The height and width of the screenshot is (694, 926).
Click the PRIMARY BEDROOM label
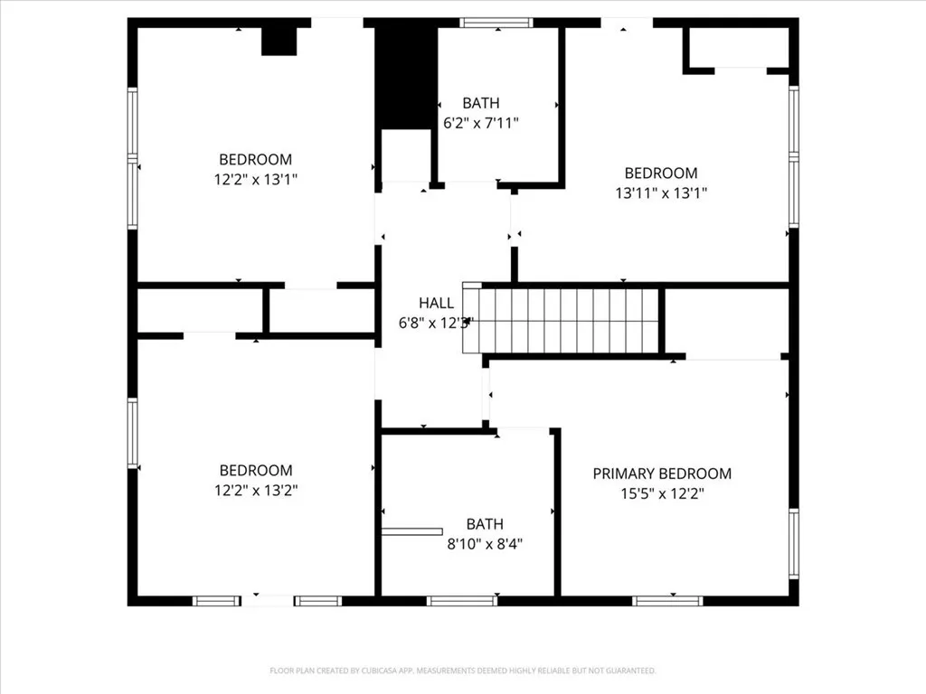tap(662, 474)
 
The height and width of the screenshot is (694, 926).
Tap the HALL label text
tap(436, 303)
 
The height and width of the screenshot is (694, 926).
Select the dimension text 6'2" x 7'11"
tap(480, 123)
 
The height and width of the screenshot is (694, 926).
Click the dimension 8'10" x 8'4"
tap(484, 544)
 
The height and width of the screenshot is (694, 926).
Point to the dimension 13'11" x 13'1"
tap(661, 192)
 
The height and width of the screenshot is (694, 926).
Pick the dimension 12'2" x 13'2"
tap(256, 490)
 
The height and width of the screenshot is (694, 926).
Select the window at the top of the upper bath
tap(496, 23)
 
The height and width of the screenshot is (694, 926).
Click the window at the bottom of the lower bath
tap(462, 600)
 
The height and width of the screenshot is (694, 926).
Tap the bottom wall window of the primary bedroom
tap(668, 600)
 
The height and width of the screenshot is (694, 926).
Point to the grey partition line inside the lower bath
tap(411, 531)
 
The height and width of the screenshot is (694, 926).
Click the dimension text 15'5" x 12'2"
tap(661, 493)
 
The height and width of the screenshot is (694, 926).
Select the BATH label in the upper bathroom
tap(480, 103)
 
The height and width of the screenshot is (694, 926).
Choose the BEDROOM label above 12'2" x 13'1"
tap(256, 160)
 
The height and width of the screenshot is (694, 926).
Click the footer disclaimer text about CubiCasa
tap(462, 671)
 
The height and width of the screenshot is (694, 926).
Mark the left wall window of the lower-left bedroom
tap(132, 434)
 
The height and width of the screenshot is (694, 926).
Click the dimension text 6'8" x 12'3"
tap(436, 323)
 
